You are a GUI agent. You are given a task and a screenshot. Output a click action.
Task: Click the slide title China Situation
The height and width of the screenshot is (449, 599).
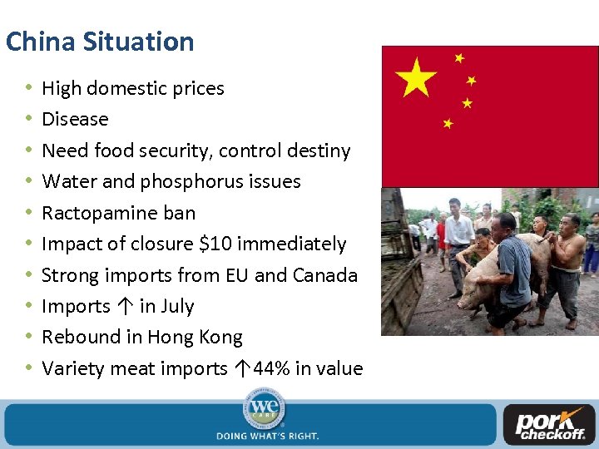[100, 42]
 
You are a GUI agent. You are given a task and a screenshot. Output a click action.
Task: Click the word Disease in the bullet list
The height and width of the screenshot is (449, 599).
[75, 119]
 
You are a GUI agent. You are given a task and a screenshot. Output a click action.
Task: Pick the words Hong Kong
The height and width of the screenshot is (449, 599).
[195, 337]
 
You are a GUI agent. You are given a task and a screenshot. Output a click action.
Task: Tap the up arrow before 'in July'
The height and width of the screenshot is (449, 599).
[124, 306]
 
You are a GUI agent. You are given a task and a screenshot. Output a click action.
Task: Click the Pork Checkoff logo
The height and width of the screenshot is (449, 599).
[550, 425]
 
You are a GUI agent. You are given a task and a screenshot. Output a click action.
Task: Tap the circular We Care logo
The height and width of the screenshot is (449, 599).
[265, 411]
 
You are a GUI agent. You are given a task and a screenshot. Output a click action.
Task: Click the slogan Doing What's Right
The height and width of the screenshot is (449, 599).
[267, 436]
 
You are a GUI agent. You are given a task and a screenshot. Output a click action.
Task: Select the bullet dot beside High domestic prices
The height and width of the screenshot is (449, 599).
[29, 88]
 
